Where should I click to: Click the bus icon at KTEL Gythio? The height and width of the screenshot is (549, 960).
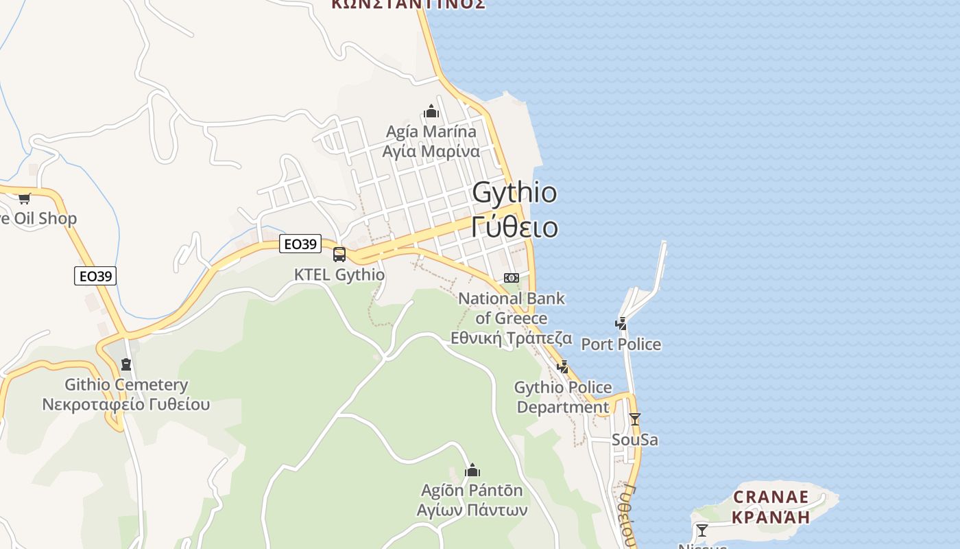(x=339, y=255)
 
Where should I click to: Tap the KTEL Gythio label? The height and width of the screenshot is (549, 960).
(x=339, y=274)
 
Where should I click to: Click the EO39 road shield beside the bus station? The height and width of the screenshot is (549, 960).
(x=300, y=244)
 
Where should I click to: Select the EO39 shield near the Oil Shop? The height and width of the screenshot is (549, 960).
(x=95, y=276)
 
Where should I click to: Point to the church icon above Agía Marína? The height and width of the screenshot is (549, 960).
(x=431, y=111)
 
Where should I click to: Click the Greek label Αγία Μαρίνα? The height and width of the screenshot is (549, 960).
(x=431, y=151)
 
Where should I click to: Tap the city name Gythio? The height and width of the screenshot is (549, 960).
(x=514, y=193)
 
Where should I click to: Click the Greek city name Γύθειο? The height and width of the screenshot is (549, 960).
(x=514, y=226)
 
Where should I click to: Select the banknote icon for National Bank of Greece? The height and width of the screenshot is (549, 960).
(x=512, y=278)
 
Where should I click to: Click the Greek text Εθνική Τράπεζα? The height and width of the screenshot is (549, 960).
(x=512, y=338)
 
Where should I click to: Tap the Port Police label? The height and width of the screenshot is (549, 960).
(x=621, y=344)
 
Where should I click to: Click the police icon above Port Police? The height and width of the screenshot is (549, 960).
(x=621, y=324)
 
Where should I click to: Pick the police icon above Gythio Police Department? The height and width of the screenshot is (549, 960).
(x=563, y=366)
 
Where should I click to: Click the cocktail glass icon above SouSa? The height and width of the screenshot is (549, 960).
(x=635, y=419)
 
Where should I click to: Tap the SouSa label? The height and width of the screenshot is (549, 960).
(x=635, y=439)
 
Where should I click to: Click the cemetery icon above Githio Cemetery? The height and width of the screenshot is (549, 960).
(x=125, y=364)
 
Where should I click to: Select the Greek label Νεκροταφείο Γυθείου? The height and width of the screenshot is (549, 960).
(x=126, y=404)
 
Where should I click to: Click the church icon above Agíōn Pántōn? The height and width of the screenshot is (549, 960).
(x=472, y=471)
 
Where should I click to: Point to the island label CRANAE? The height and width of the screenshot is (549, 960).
(x=771, y=496)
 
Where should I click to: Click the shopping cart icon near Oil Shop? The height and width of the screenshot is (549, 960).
(x=25, y=198)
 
